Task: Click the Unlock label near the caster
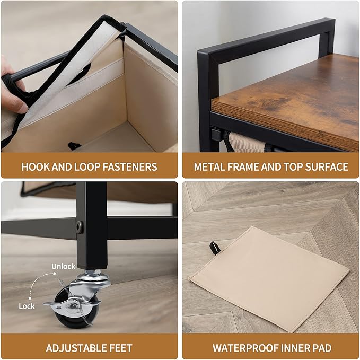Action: click(63, 266)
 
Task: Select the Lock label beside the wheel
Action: click(27, 306)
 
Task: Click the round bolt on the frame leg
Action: click(79, 227)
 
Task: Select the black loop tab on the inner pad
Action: click(215, 248)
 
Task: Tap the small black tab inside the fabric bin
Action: click(74, 146)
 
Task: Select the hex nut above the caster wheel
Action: click(93, 273)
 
